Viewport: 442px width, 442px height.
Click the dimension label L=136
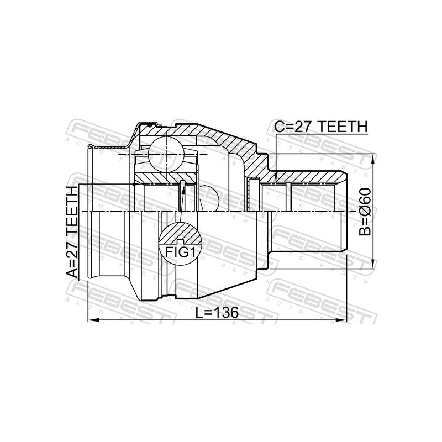[217, 312]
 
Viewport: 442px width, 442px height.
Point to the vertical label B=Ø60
[366, 212]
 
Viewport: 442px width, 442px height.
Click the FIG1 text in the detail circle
[181, 252]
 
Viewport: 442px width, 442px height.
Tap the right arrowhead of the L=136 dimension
[340, 320]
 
